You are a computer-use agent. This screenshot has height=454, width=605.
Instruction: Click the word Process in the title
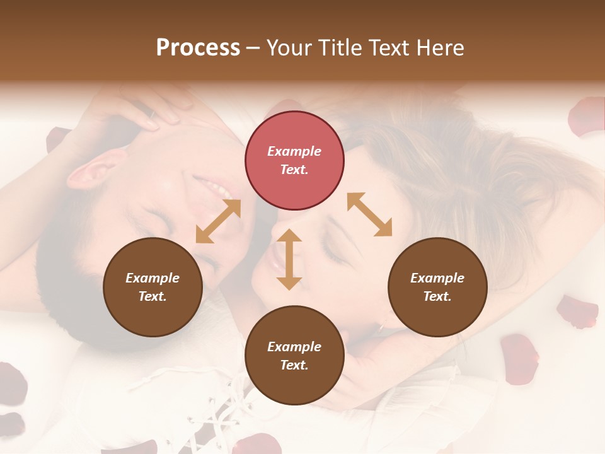click(x=198, y=48)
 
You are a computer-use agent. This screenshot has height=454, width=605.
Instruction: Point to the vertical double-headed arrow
click(x=289, y=259)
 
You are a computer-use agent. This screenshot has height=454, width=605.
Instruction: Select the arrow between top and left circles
click(x=218, y=221)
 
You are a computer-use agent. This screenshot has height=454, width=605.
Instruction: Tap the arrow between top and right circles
click(x=369, y=214)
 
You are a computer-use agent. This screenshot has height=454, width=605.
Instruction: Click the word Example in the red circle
click(x=294, y=151)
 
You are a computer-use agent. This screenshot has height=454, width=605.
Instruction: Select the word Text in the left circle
click(x=153, y=296)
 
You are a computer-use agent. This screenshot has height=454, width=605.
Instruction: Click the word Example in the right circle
click(x=437, y=278)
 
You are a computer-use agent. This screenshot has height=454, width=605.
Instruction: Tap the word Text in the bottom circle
click(x=294, y=365)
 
